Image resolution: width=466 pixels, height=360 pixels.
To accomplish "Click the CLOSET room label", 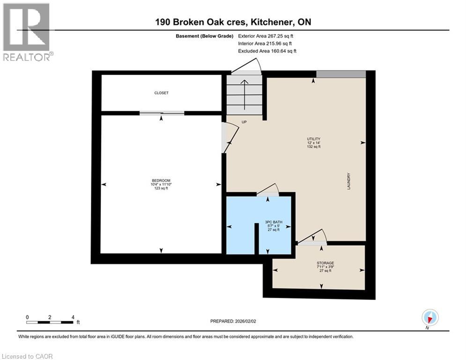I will point(161,93).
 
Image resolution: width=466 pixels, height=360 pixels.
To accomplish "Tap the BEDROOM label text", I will point(161,181).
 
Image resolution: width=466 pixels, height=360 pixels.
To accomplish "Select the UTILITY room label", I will point(313,139).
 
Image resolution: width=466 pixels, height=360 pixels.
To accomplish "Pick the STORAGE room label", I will point(325,263).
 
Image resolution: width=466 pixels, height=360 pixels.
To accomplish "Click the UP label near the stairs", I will point(244,122).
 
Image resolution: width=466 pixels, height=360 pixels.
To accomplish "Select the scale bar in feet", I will point(50,322).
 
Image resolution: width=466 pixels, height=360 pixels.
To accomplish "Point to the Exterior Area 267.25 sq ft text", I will point(267,36).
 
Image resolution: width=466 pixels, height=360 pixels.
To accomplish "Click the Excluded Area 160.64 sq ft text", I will point(267,51).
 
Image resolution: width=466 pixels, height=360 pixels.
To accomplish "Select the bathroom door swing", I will point(269,190).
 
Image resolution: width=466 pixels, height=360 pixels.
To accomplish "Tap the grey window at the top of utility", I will point(340,74).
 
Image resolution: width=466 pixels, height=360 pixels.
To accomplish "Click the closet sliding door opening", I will point(162,113).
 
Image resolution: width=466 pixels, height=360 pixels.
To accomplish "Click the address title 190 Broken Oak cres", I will point(233,22).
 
